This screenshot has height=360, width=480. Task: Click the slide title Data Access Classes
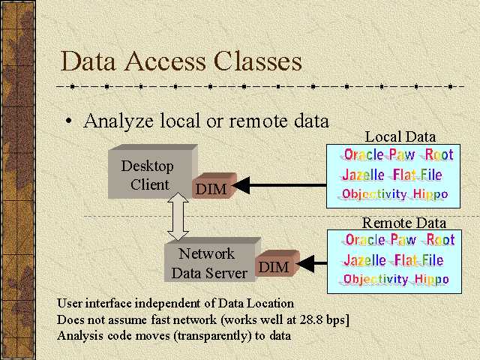click(181, 61)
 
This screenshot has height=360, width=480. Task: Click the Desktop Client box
click(147, 174)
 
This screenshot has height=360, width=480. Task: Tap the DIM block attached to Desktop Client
click(211, 187)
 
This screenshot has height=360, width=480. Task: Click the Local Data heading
click(400, 136)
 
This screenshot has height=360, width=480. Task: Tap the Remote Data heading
click(403, 223)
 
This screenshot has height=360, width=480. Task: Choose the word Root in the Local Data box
click(439, 154)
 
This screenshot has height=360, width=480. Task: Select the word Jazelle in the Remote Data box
click(366, 261)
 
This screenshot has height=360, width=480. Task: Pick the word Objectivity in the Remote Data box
click(376, 280)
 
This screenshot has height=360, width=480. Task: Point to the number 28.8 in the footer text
click(302, 319)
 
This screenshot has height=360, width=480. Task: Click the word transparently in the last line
click(209, 335)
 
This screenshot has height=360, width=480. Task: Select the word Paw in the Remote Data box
click(403, 241)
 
